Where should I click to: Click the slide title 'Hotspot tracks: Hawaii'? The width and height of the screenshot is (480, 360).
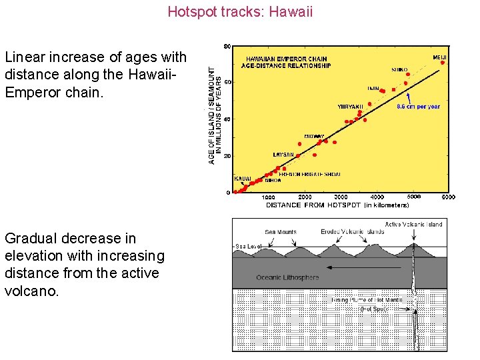click(x=240, y=11)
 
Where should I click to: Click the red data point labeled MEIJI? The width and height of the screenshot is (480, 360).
click(x=442, y=63)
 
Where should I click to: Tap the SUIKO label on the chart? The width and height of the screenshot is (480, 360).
click(x=400, y=69)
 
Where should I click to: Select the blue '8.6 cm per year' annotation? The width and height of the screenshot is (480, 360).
click(x=418, y=106)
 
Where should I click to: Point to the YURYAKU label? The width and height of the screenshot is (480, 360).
click(x=351, y=106)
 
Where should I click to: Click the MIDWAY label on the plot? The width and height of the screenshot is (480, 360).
click(x=315, y=136)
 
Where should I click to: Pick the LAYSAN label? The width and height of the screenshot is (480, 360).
click(x=283, y=154)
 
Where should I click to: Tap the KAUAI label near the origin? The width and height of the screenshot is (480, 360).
click(x=243, y=179)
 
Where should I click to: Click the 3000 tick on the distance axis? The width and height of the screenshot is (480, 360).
click(x=341, y=197)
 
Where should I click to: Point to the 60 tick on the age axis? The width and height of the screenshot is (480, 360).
click(x=227, y=83)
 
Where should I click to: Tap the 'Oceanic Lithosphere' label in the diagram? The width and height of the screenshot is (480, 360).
click(x=288, y=277)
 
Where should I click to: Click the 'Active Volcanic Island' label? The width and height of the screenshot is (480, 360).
click(x=413, y=225)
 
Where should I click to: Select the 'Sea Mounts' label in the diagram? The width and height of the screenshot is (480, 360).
click(x=281, y=232)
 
